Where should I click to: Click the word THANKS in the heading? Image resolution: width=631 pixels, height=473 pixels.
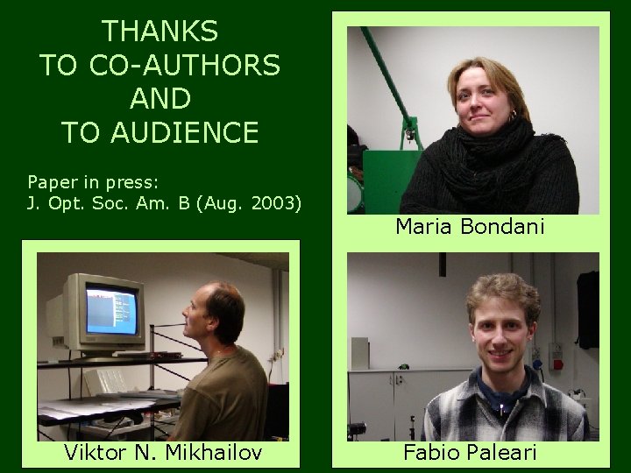[160, 32]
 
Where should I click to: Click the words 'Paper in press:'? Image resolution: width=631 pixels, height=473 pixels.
[93, 182]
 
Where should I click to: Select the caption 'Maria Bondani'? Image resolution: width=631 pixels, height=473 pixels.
[470, 227]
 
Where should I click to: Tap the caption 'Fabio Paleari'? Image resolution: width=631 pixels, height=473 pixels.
[470, 453]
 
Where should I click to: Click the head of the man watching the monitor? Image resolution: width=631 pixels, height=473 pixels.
[219, 311]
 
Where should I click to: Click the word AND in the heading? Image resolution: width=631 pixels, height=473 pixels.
[160, 98]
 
